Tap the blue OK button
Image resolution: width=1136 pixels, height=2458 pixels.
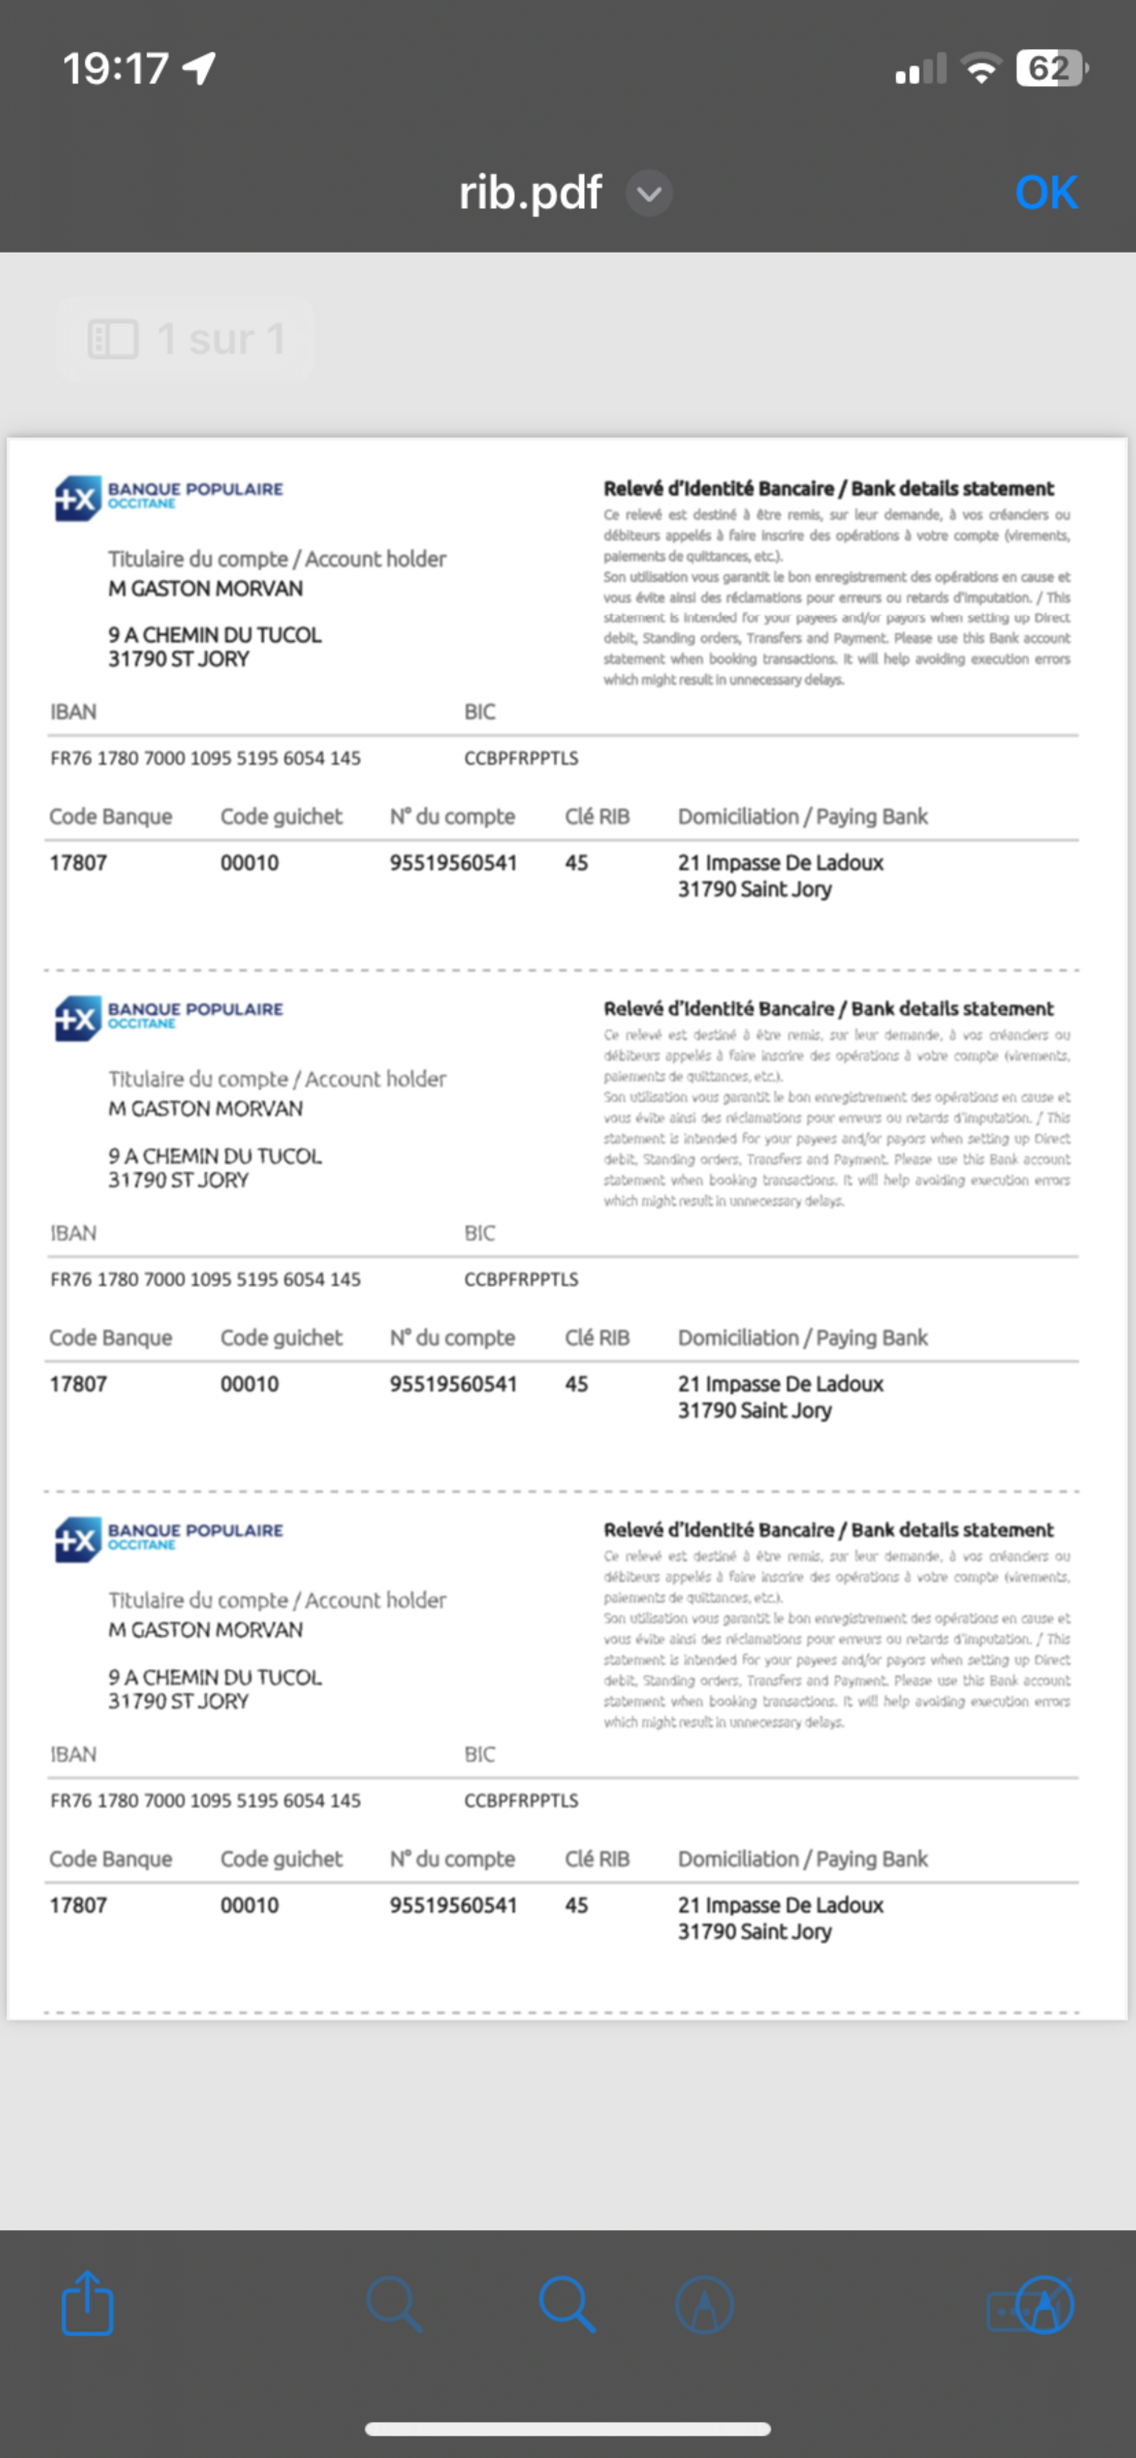1046,192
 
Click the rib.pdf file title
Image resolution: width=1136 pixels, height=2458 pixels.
530,192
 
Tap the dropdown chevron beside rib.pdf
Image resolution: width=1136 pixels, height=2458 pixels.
649,194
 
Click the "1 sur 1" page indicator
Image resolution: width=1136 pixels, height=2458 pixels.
186,339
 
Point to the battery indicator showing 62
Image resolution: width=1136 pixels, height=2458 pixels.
1050,69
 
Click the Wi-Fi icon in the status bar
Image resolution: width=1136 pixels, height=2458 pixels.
980,69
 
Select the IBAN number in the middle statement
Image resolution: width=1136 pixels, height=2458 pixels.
205,1280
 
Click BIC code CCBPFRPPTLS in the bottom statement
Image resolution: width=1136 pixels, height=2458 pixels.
521,1800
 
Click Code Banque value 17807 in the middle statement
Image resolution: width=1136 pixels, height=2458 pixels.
78,1384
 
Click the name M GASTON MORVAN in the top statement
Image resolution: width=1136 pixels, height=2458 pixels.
205,589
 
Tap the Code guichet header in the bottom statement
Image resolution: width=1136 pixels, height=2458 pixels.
281,1859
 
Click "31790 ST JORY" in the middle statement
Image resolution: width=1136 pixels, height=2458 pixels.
178,1180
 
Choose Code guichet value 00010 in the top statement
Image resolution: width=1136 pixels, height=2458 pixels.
249,862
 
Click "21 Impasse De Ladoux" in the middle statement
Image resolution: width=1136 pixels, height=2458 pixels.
780,1384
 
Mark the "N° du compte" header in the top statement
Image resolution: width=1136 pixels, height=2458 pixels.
452,817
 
